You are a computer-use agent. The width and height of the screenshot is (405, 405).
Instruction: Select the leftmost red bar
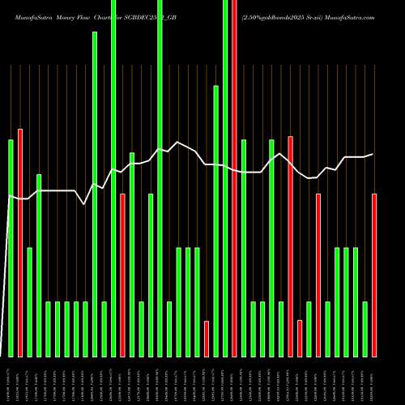(x=20, y=243)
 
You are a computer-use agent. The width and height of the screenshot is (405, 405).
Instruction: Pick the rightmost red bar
(x=374, y=275)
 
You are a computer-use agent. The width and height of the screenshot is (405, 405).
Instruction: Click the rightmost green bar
(x=364, y=328)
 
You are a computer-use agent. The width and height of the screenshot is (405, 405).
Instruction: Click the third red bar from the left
(x=207, y=339)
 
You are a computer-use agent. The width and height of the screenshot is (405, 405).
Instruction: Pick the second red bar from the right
(x=318, y=275)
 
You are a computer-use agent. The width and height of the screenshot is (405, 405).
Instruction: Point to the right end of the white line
(x=373, y=154)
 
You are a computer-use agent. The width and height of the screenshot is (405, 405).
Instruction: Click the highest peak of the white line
(x=178, y=143)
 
